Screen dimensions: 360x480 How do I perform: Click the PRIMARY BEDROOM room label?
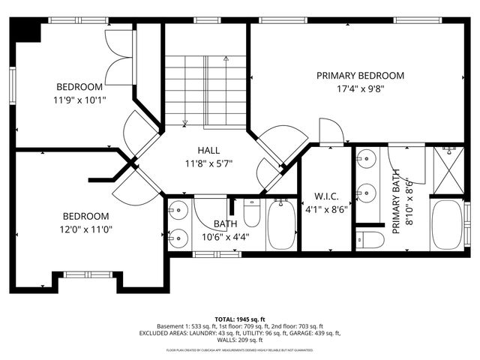click(360, 76)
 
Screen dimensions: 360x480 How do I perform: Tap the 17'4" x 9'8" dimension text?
click(360, 89)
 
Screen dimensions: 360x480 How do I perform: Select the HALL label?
click(208, 150)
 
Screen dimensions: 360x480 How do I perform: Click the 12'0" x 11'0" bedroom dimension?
click(87, 229)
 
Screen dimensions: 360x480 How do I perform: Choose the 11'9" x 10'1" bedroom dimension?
click(79, 99)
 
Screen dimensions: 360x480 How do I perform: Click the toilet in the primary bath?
click(370, 240)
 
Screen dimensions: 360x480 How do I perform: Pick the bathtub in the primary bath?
click(448, 224)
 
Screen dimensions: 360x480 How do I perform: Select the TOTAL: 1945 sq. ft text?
click(240, 318)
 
